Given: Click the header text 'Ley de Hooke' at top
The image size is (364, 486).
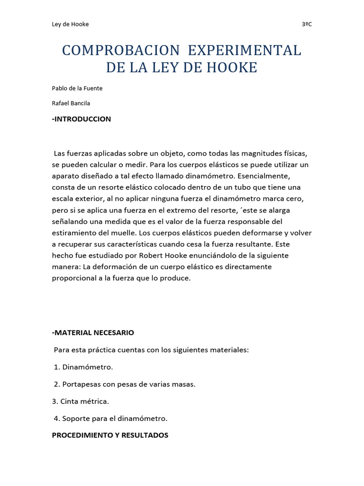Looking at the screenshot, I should (x=70, y=24).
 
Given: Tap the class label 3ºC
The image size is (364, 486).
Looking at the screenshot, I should (x=307, y=24).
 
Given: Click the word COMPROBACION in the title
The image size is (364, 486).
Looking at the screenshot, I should (x=121, y=50).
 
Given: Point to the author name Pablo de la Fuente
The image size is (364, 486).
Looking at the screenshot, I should (x=77, y=88).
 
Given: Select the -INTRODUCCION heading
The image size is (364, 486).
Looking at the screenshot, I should (x=81, y=119).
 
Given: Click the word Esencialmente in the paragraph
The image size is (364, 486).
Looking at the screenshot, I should (x=285, y=176).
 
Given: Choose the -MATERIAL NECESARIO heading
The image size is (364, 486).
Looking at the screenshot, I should (x=93, y=333).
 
